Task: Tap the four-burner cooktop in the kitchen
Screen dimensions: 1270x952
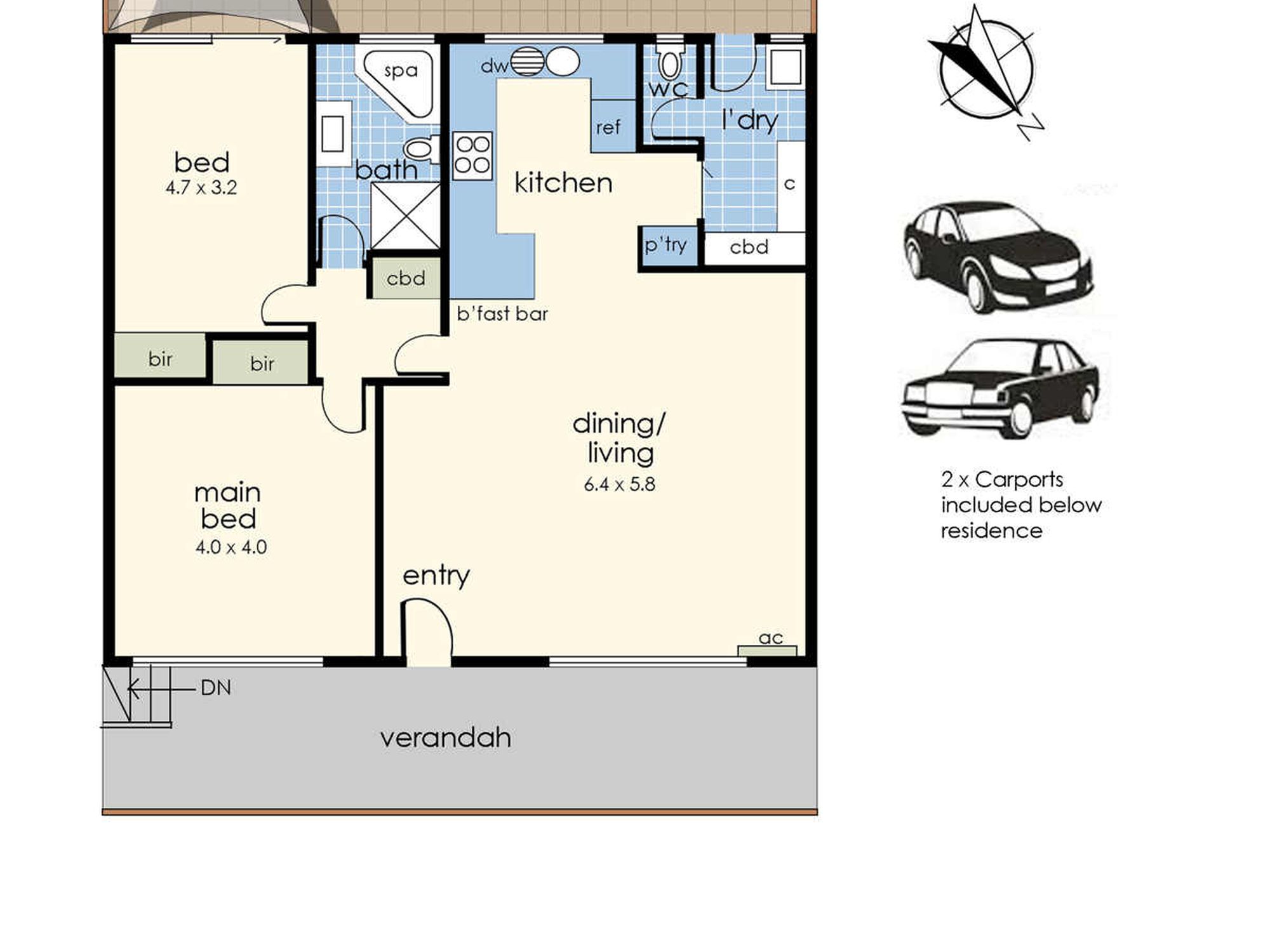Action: tap(472, 155)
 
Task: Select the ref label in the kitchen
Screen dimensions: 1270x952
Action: tap(608, 128)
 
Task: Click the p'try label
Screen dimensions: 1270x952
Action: tap(665, 245)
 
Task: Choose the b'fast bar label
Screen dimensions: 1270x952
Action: tap(502, 314)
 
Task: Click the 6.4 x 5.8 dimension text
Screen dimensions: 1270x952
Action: tap(619, 484)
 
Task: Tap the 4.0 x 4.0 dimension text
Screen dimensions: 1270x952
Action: tap(231, 547)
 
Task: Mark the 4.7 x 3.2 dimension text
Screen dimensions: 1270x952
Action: tap(201, 188)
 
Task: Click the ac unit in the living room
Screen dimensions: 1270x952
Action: tap(767, 651)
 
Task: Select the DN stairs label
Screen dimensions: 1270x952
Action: tap(216, 688)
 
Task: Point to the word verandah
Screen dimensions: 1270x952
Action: tap(446, 738)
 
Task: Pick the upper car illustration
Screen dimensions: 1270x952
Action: tap(997, 257)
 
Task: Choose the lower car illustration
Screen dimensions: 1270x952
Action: tap(1001, 388)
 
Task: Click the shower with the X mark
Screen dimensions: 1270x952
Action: tap(406, 216)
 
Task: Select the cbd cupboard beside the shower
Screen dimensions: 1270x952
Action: tap(406, 278)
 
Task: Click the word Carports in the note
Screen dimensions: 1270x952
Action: tap(1019, 480)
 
